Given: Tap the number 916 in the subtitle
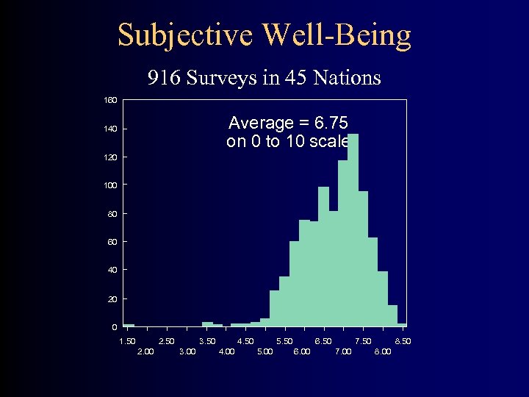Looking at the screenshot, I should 162,77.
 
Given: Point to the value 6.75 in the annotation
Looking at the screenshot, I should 329,123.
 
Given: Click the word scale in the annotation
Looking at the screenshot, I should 329,141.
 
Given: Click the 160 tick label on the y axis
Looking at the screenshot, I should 109,99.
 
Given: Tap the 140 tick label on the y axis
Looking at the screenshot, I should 109,129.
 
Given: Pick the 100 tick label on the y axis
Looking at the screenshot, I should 109,185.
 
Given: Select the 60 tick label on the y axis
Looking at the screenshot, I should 111,242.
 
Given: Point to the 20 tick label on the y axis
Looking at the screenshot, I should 111,299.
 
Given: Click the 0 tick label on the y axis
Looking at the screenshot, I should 114,327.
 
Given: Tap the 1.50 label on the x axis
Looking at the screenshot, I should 127,341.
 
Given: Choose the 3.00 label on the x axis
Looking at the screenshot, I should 187,351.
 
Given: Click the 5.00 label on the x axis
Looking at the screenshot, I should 264,351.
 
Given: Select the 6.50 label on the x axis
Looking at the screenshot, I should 323,341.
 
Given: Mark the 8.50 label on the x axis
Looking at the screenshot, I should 403,341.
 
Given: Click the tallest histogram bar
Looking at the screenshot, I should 353,228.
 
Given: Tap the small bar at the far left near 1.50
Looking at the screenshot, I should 129,325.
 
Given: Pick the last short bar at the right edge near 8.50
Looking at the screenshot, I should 402,324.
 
